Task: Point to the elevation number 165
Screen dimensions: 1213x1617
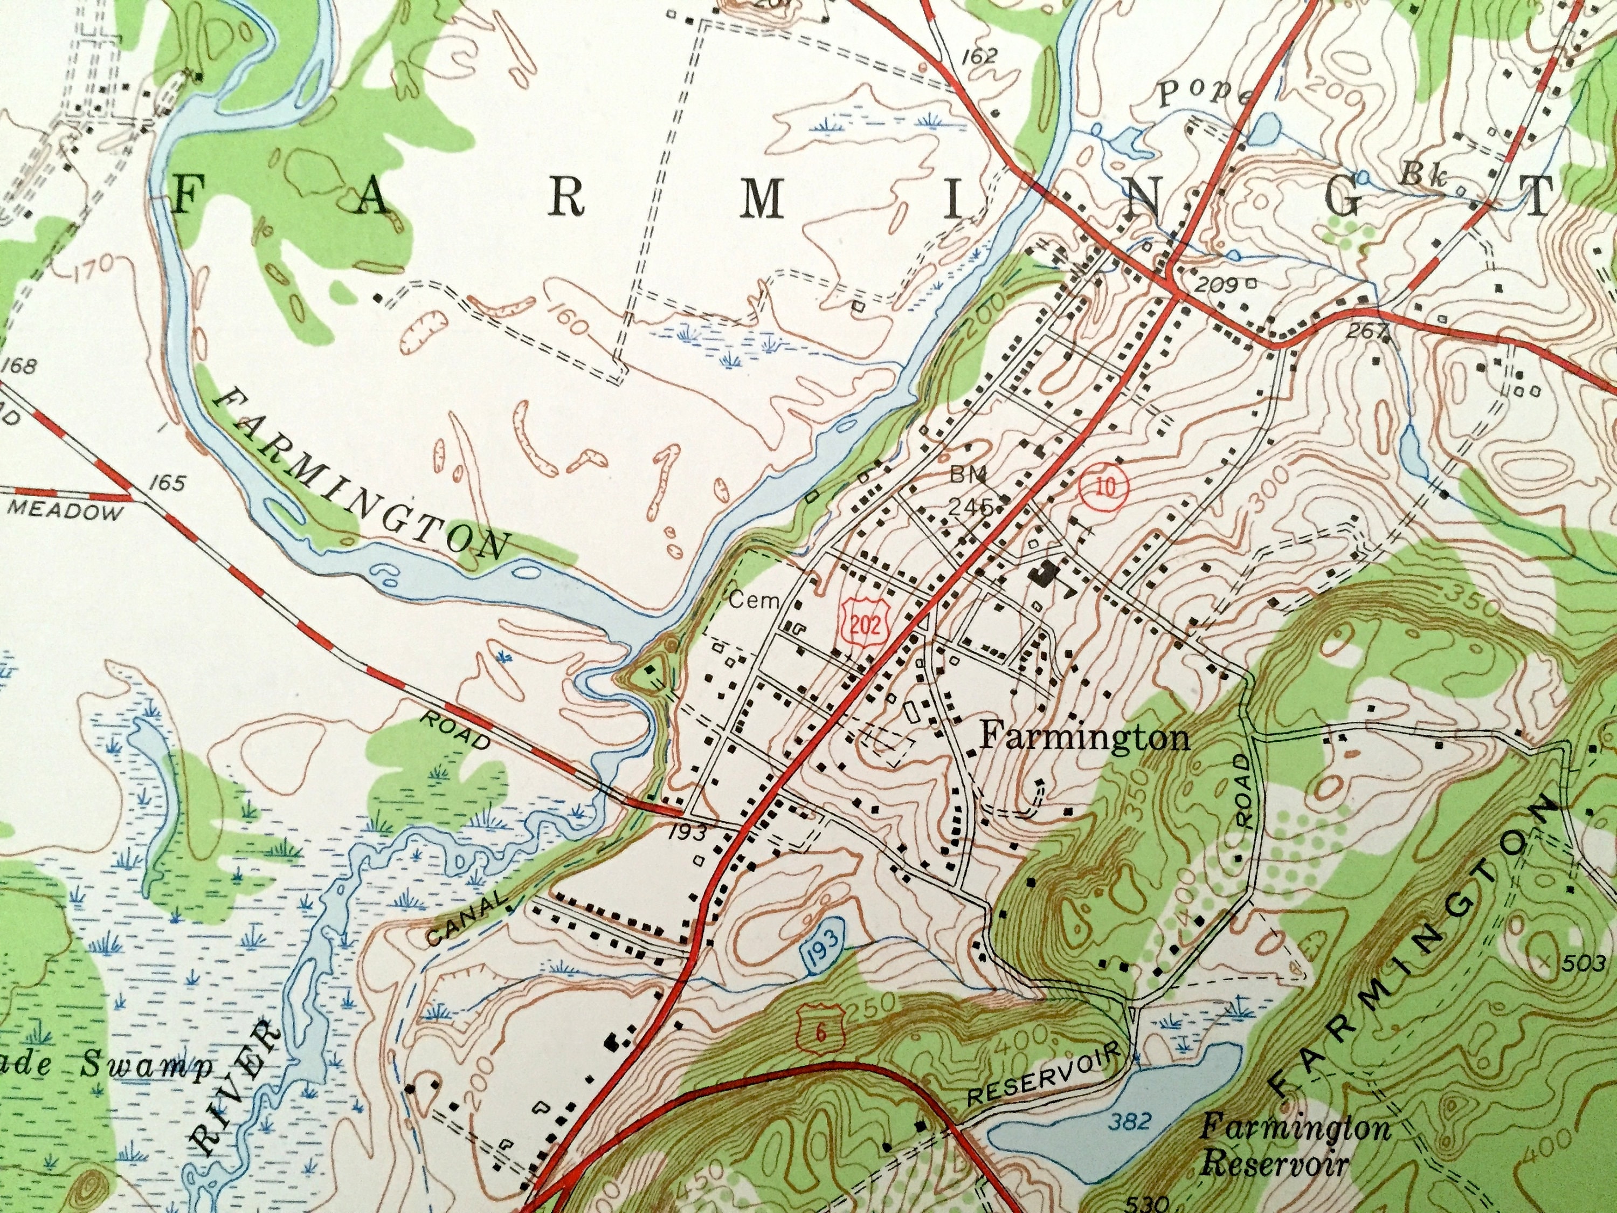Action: click(x=168, y=483)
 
